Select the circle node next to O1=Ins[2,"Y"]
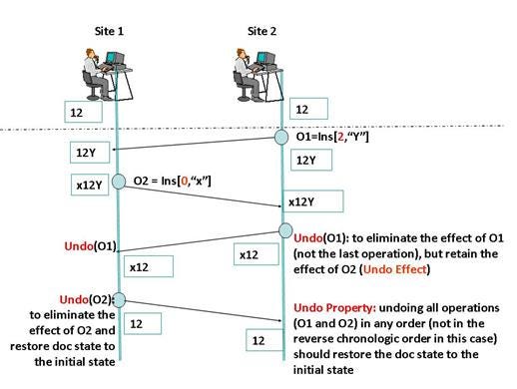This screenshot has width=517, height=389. coord(282,137)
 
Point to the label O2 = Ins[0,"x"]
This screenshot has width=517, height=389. coord(176,181)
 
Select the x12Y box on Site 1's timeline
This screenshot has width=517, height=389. coord(91,186)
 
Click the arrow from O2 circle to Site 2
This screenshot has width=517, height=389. coord(200,194)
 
